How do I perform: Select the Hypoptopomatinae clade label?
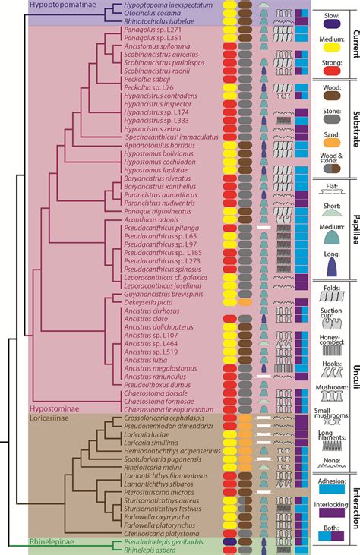[x=36, y=5]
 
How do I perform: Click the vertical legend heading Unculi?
[x=355, y=388]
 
